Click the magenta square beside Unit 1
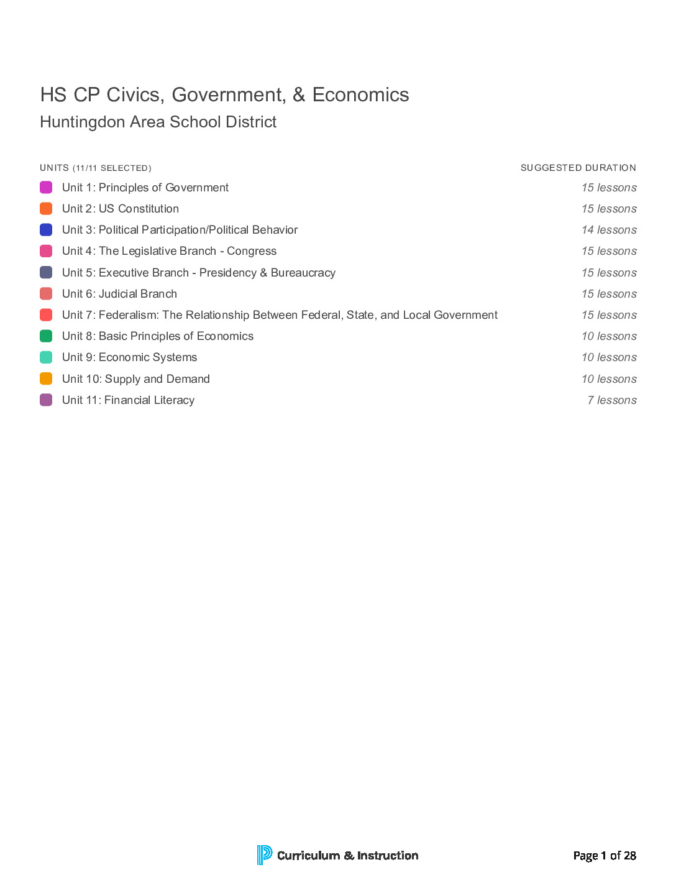[x=46, y=188]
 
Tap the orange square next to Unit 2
[x=46, y=209]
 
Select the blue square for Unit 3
[x=46, y=230]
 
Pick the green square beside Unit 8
[x=46, y=336]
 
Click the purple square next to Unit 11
[x=46, y=400]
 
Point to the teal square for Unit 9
[x=46, y=357]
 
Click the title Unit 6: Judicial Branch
[x=119, y=294]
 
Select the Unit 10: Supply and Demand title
[x=135, y=379]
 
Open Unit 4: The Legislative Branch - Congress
[x=169, y=251]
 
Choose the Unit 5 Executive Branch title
[x=198, y=273]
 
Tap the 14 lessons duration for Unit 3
[x=609, y=230]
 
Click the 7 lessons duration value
[x=612, y=400]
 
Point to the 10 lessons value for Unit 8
[x=609, y=336]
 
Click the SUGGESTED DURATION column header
[x=578, y=168]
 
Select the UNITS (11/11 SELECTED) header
[x=95, y=168]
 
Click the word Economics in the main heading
[x=360, y=95]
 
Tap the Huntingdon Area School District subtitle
[x=158, y=122]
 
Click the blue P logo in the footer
[x=264, y=855]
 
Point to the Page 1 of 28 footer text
[x=604, y=856]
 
